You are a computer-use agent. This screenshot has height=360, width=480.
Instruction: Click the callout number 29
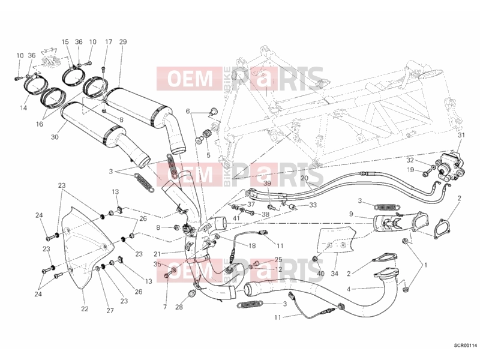coord(123,42)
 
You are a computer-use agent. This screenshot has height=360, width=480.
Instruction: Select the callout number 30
coord(55,137)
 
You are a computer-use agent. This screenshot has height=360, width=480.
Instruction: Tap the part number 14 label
coord(23,108)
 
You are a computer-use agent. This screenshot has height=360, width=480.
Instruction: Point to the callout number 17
coord(109,42)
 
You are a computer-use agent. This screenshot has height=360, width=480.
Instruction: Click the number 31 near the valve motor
coord(461,135)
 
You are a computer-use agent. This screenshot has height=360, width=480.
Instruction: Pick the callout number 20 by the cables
coord(304,178)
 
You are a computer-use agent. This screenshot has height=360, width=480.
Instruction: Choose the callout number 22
coord(85,308)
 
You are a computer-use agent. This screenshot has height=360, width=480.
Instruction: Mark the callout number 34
coord(334,274)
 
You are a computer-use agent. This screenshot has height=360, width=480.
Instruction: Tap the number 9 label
coord(351,214)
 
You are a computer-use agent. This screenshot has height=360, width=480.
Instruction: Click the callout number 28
coord(179,307)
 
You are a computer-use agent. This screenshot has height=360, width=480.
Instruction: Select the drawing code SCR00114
coord(465,346)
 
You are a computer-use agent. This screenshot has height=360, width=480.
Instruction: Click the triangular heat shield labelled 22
coord(86,248)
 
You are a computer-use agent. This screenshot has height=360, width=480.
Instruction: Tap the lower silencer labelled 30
coord(101,128)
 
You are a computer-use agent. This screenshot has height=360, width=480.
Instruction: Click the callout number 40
coord(320,274)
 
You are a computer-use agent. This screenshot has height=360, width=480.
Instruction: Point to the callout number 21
coord(157,254)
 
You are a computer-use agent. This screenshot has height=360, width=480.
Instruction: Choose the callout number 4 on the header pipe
coord(349,289)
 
